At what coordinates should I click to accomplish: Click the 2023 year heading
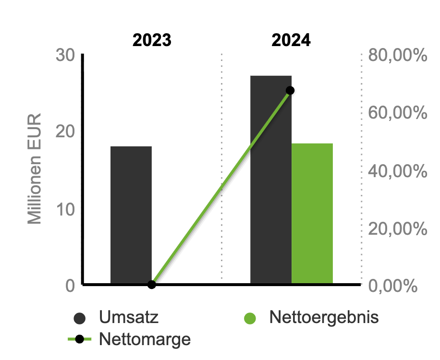click(152, 40)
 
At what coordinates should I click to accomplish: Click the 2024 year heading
click(291, 40)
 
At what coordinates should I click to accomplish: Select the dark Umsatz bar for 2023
click(131, 215)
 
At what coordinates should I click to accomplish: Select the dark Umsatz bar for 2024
click(271, 180)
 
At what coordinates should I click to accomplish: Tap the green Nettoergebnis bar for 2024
click(312, 214)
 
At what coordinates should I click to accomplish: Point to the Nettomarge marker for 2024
click(290, 91)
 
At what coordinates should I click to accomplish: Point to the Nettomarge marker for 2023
click(151, 285)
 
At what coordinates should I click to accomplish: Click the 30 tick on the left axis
click(65, 55)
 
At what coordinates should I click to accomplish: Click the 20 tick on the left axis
click(65, 132)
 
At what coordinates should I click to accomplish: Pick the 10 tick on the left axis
click(66, 209)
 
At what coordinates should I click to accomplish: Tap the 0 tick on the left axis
click(70, 286)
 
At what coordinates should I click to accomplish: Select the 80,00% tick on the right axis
click(398, 55)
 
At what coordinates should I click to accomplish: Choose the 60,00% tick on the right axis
click(398, 113)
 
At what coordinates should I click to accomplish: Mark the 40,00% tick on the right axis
click(398, 171)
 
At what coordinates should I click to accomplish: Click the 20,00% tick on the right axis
click(398, 228)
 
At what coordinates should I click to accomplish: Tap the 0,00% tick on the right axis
click(393, 286)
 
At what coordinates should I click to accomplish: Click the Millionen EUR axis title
click(35, 169)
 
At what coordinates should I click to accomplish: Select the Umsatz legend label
click(129, 317)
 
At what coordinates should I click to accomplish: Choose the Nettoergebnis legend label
click(324, 318)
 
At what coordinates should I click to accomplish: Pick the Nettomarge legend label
click(145, 339)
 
